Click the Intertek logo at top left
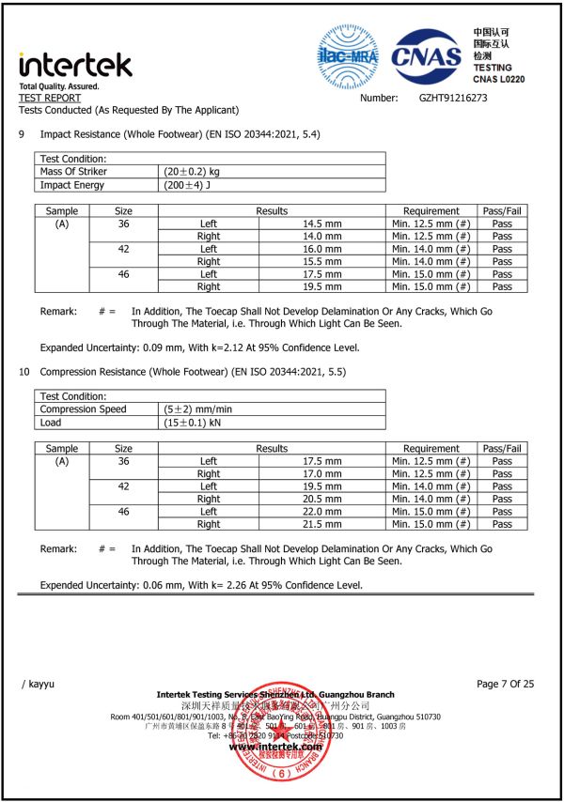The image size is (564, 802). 75,65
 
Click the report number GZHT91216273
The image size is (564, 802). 453,98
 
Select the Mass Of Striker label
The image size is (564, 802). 73,172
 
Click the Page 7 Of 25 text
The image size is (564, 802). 505,684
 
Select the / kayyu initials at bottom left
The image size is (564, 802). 40,685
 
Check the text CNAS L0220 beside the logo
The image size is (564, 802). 512,81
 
